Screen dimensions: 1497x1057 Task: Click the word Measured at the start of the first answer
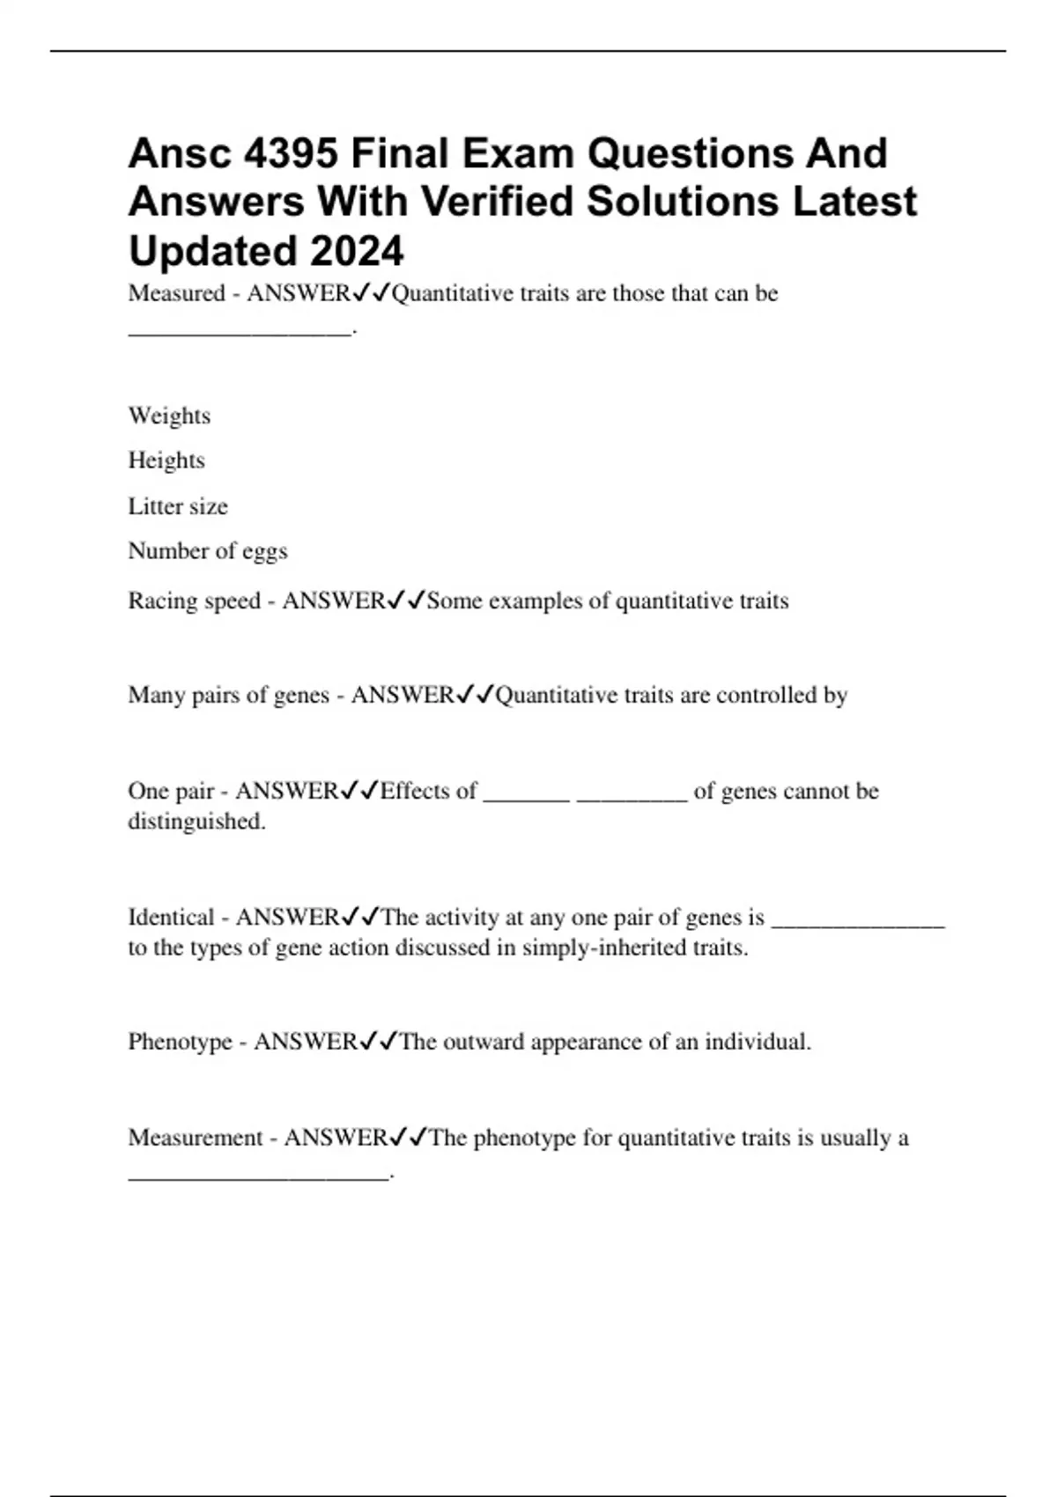click(176, 293)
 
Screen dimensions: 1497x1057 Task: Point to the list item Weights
click(169, 416)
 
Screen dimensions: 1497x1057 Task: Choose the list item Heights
click(166, 461)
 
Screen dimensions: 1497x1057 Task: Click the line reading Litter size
click(178, 506)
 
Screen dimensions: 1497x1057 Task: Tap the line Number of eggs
click(208, 551)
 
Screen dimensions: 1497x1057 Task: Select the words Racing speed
click(195, 601)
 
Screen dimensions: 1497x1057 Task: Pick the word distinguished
click(196, 822)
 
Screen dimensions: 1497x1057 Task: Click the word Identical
click(171, 918)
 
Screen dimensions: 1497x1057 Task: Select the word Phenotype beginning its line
click(180, 1042)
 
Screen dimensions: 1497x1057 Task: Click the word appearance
click(585, 1043)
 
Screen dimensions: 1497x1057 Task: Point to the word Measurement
click(196, 1138)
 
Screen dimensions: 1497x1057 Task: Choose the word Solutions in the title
click(682, 202)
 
